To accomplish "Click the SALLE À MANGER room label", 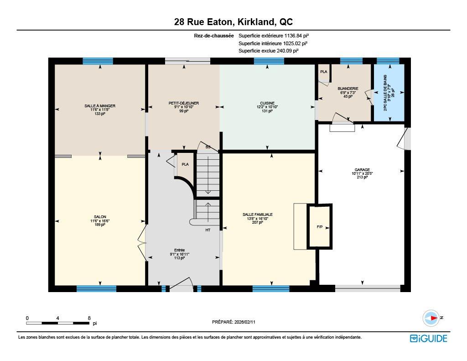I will pos(100,106).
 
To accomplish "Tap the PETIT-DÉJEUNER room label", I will pos(184,103).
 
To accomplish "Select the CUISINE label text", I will pos(268,103).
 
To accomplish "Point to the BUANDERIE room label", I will pos(348,89).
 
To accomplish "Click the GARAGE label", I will pos(363,170).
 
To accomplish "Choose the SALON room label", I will pos(100,217).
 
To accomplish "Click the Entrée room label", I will pos(180,250).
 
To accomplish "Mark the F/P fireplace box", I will pos(320,227).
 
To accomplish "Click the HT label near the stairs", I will pos(208,230).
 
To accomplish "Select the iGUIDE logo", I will pos(428,338).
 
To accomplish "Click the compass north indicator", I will pos(431,318).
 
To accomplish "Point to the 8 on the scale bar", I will pos(89,318).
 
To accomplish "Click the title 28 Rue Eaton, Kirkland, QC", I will pos(233,21).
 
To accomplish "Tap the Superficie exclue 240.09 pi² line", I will pos(269,51).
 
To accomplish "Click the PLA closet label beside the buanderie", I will pos(324,72).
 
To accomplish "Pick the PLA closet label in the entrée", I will pos(185,164).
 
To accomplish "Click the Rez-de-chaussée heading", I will pos(213,36).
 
